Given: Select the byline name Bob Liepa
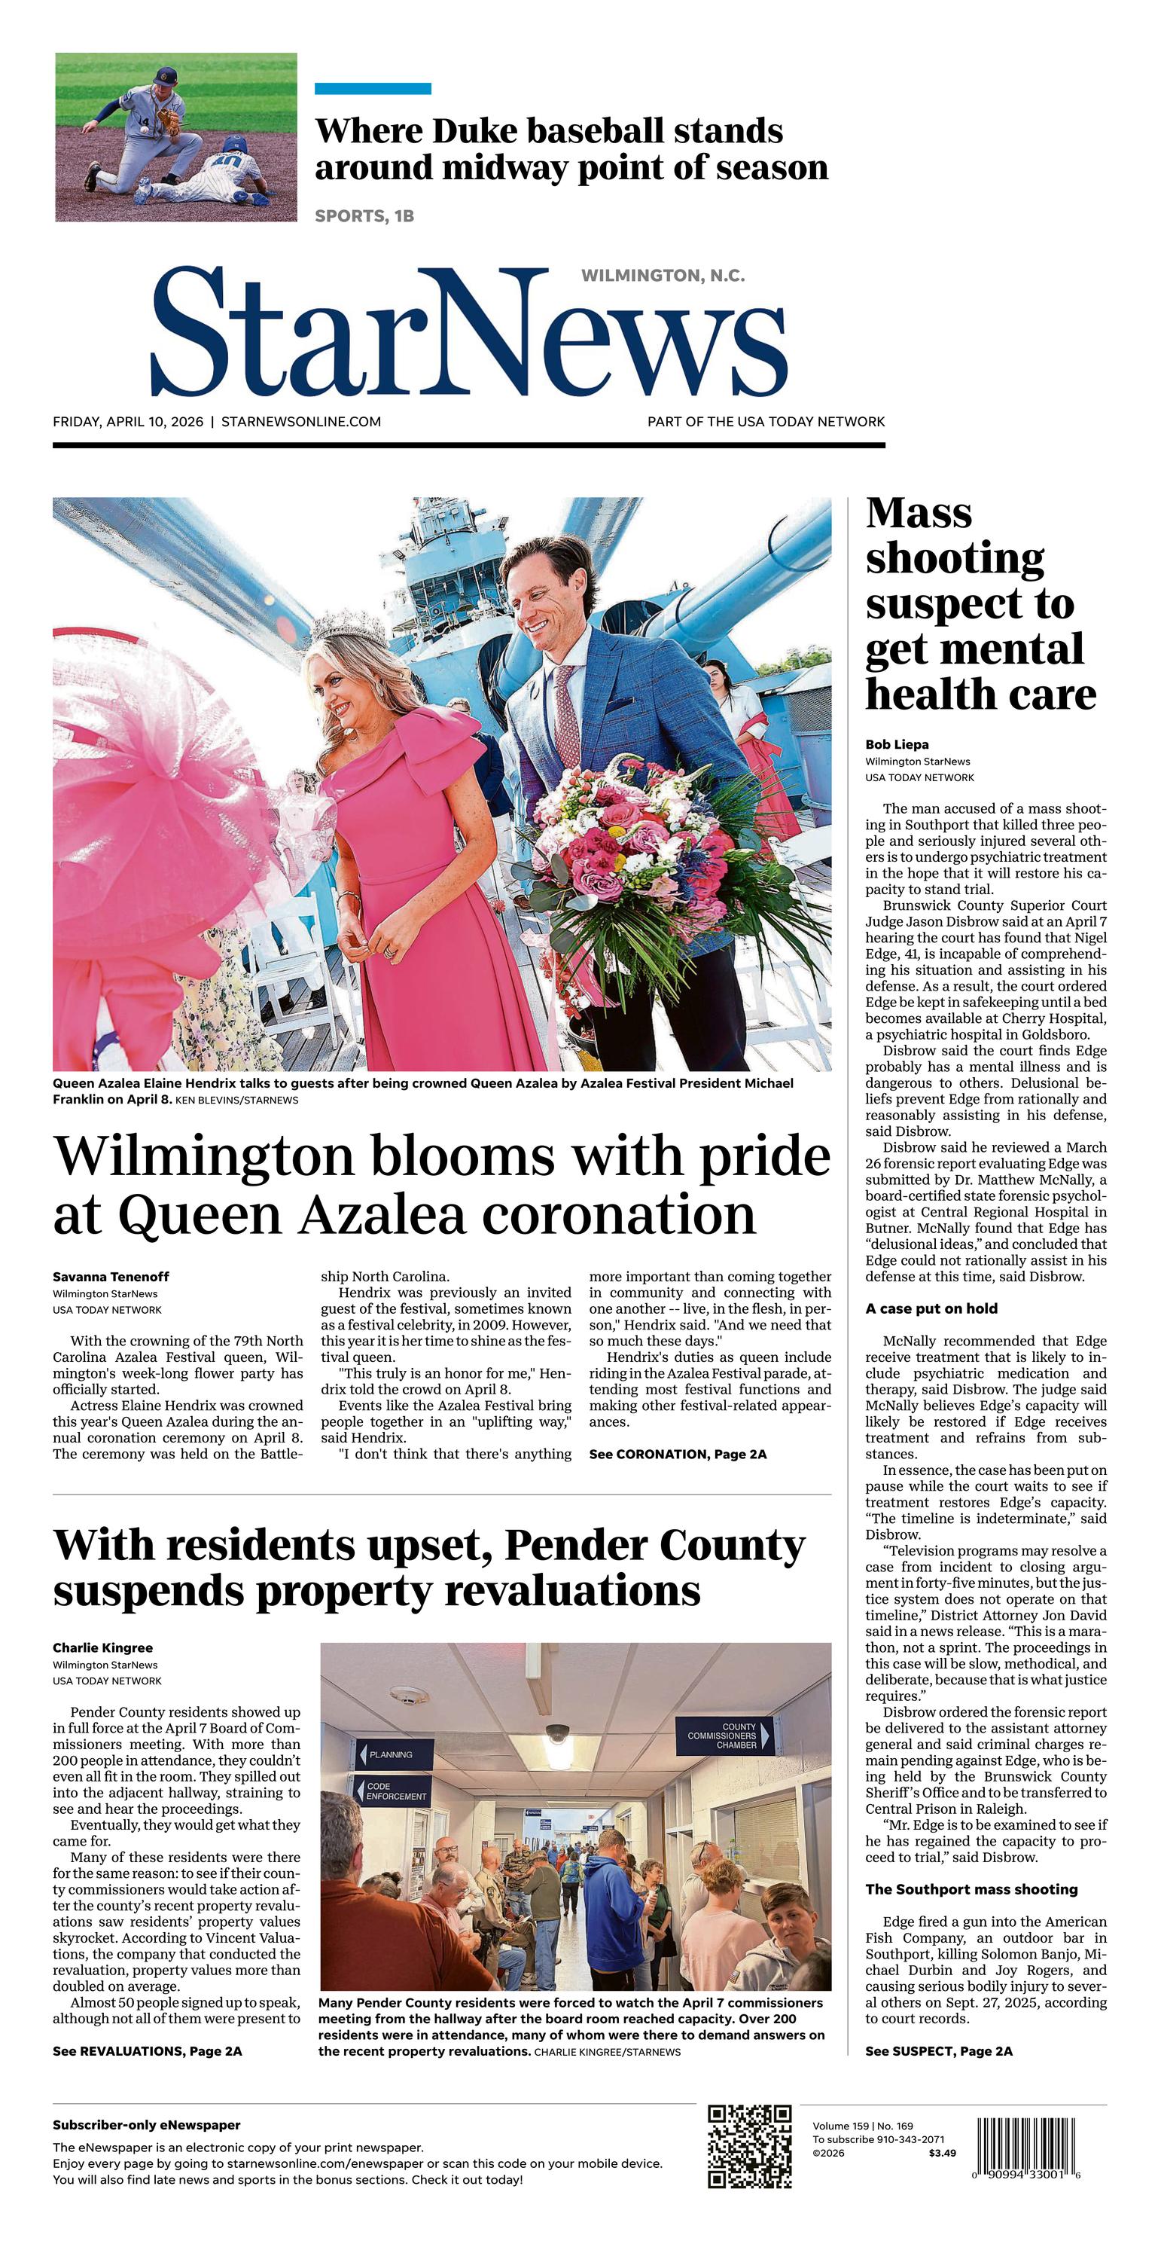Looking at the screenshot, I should (x=896, y=745).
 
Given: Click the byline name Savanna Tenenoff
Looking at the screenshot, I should (x=111, y=1276).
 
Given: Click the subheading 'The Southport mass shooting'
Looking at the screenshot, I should (x=971, y=1889).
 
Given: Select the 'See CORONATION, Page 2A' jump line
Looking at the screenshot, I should (x=678, y=1454).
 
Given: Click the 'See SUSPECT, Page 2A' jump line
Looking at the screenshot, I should (x=938, y=2051).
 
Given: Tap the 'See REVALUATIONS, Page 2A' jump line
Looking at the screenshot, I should (x=147, y=2051).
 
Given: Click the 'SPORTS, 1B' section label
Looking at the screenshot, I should (x=364, y=216).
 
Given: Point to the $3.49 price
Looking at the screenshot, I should (x=941, y=2153).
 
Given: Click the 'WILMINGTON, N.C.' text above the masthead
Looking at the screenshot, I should (x=663, y=276).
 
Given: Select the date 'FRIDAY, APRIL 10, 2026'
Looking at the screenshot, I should (x=128, y=422).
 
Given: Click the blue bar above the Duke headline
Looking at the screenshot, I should (x=373, y=89).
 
